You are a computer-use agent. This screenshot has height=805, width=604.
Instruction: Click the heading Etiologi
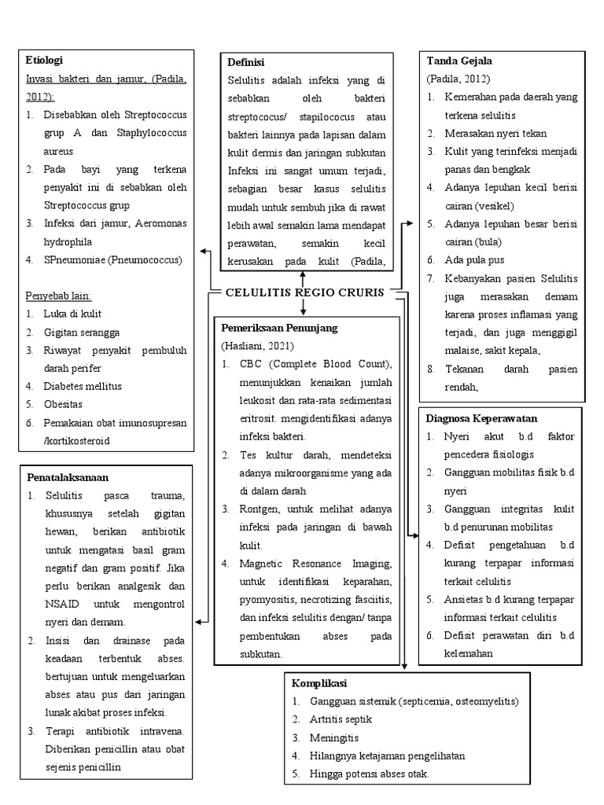(x=44, y=61)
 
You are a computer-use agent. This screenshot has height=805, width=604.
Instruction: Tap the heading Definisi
(x=245, y=63)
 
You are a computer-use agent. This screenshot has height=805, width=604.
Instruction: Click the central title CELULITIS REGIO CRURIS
(x=304, y=292)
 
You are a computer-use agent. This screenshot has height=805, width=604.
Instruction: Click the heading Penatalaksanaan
(x=67, y=477)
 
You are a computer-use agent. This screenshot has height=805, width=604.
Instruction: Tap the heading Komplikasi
(x=319, y=683)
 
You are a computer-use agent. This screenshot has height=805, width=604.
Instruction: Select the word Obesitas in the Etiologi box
(x=64, y=404)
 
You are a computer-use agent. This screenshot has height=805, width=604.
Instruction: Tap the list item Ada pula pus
(x=474, y=259)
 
